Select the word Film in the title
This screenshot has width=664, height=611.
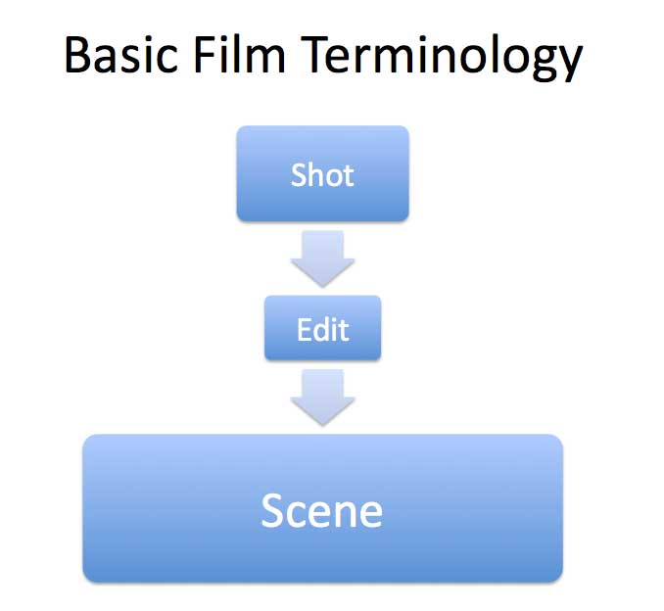pos(246,57)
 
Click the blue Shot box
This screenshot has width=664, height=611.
pos(322,174)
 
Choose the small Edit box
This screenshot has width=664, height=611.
pos(322,328)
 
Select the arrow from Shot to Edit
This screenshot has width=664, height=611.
pos(322,258)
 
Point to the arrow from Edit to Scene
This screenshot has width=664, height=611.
pos(322,396)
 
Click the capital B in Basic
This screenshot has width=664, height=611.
pos(78,57)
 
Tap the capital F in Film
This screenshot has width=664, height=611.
pos(213,57)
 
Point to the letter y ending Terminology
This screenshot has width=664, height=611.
pos(567,63)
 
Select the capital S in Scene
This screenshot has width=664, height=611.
pos(274,510)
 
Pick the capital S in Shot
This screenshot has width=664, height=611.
pos(299,175)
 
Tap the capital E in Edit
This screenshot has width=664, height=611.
pos(304,329)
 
